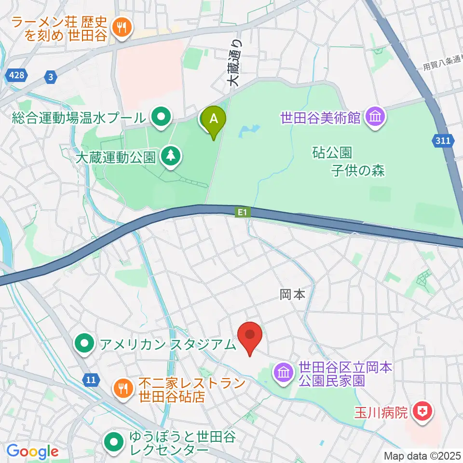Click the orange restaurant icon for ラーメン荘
pos(120,27)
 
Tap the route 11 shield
pos(91,380)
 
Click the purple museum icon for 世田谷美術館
pos(374,117)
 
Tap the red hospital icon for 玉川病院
pos(425,412)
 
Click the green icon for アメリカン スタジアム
pos(85,344)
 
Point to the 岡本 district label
pos(292,295)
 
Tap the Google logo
pos(32,451)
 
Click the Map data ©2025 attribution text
pos(422,455)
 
